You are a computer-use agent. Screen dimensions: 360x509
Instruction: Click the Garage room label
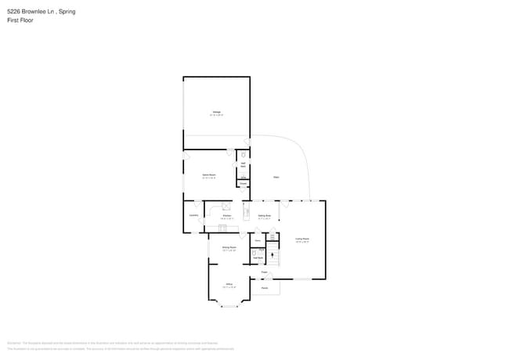[217, 113]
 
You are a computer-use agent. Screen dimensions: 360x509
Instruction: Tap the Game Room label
[209, 175]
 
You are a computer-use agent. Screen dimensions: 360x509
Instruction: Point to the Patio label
[276, 178]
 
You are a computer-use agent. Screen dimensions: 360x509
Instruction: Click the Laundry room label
[193, 215]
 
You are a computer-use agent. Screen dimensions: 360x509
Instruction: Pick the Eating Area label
[264, 215]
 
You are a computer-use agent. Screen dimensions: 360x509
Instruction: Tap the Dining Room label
[229, 247]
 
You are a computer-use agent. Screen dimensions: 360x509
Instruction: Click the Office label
[229, 284]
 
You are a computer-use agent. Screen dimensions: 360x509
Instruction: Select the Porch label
[265, 288]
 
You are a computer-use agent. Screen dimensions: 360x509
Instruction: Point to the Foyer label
[265, 272]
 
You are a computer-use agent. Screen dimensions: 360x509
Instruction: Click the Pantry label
[257, 240]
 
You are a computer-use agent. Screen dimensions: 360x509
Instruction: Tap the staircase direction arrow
[273, 256]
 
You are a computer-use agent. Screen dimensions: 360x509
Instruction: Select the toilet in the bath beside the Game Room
[244, 155]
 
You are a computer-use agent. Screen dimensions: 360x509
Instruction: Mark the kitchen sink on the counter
[222, 228]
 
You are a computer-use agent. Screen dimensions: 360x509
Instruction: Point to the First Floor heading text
[20, 20]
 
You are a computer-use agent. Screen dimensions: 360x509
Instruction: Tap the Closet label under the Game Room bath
[244, 184]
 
